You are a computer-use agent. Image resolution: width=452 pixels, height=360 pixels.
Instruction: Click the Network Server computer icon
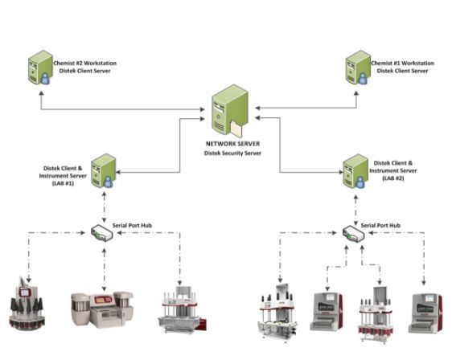(x=230, y=111)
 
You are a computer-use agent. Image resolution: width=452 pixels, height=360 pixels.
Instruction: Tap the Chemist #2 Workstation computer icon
(x=40, y=67)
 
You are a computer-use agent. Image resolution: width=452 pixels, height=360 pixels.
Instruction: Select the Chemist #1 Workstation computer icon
(x=358, y=67)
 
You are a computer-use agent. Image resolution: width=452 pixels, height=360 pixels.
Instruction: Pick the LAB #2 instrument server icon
(x=355, y=171)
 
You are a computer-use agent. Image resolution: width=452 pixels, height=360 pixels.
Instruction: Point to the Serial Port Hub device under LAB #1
(x=102, y=233)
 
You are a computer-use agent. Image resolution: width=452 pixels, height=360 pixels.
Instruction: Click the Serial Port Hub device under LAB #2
(x=353, y=233)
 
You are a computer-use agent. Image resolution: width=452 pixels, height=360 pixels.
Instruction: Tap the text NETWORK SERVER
(x=232, y=144)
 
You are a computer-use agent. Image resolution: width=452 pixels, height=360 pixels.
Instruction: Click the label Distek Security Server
(x=232, y=153)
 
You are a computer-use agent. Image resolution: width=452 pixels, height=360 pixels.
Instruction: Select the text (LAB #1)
(x=63, y=183)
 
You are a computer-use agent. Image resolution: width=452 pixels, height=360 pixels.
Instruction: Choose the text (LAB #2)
(x=393, y=178)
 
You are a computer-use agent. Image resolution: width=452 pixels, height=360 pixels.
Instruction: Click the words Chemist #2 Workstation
(x=85, y=63)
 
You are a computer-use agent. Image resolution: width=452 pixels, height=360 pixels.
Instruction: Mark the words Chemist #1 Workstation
(x=403, y=63)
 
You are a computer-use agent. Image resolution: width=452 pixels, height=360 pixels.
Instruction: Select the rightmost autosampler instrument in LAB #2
(x=425, y=313)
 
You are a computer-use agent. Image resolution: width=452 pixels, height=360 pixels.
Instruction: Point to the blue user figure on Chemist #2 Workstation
(x=45, y=79)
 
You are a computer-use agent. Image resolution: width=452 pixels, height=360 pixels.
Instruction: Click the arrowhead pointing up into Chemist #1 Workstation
(x=356, y=93)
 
